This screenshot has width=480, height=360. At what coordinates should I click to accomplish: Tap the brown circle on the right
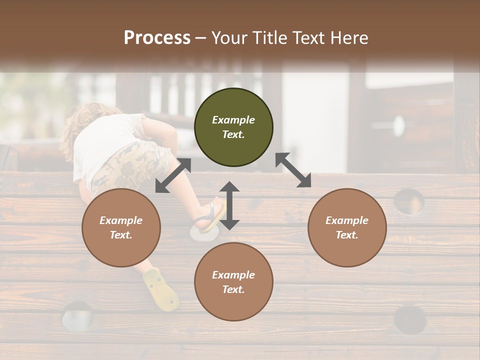pyautogui.click(x=347, y=227)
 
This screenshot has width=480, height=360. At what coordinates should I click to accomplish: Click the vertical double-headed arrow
pyautogui.click(x=229, y=205)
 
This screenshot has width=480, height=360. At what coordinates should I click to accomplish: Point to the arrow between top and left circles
pyautogui.click(x=173, y=175)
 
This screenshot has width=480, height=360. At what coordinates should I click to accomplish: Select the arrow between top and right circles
pyautogui.click(x=293, y=170)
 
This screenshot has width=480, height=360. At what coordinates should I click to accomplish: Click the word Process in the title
pyautogui.click(x=157, y=37)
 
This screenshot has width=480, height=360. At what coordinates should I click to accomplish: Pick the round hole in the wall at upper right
pyautogui.click(x=408, y=201)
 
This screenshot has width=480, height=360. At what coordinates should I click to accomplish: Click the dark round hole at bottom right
pyautogui.click(x=410, y=319)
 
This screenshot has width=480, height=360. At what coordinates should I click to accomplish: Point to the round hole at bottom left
pyautogui.click(x=77, y=316)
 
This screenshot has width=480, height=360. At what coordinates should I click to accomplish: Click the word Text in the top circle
pyautogui.click(x=233, y=134)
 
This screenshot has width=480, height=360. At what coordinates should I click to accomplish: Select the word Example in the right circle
pyautogui.click(x=346, y=220)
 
